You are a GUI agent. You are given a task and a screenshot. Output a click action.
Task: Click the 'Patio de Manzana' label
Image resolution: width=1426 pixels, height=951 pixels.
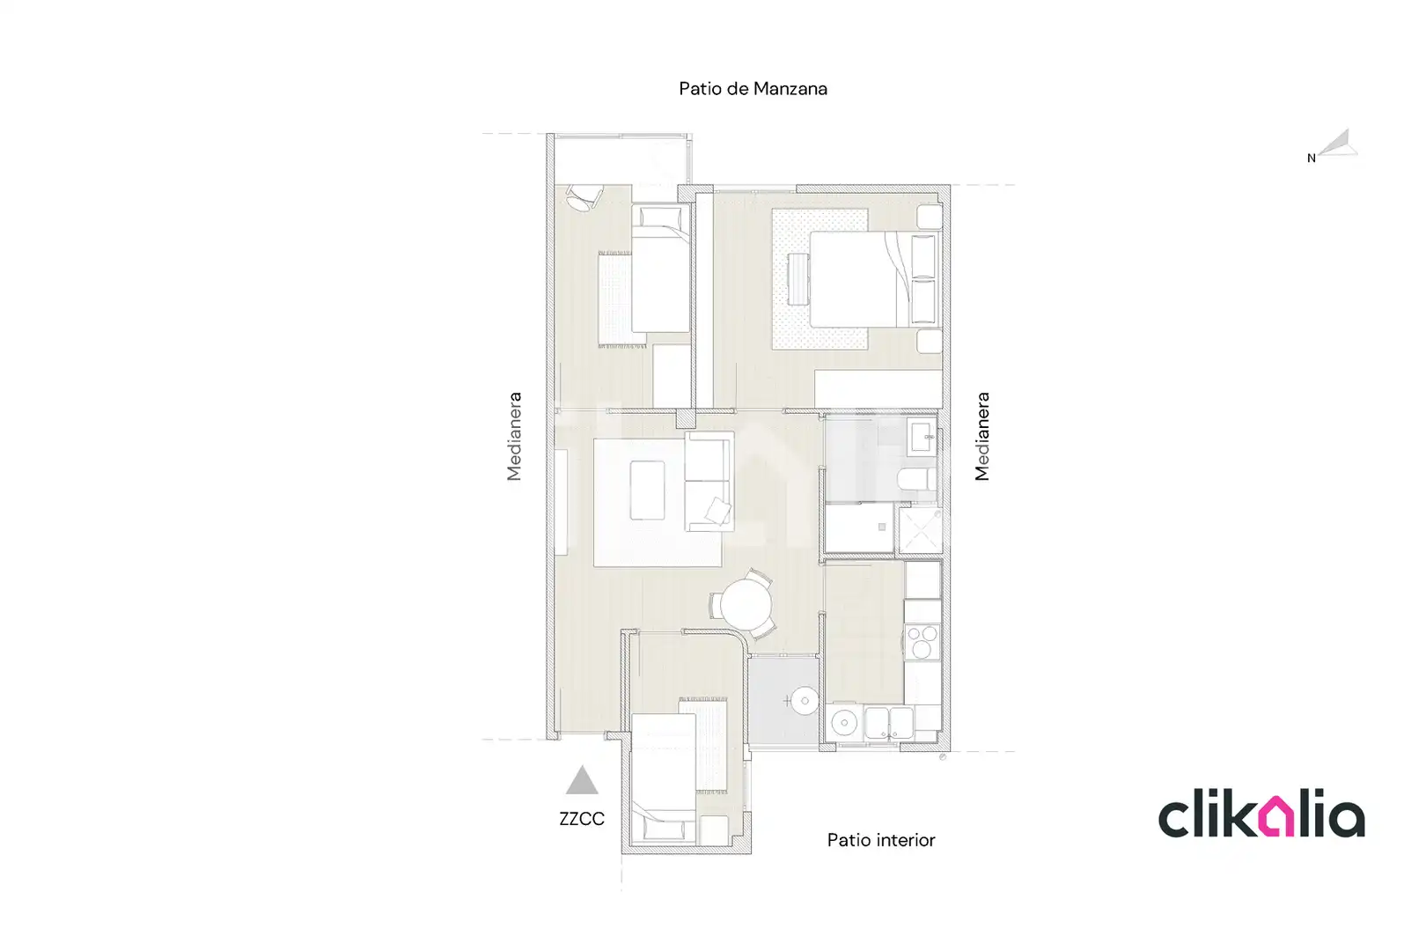753,89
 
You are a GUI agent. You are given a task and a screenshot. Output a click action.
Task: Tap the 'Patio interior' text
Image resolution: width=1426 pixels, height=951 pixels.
881,840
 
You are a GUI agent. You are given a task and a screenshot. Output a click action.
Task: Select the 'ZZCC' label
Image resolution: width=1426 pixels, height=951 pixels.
582,819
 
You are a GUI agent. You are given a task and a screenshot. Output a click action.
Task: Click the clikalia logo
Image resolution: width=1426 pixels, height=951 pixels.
1261,814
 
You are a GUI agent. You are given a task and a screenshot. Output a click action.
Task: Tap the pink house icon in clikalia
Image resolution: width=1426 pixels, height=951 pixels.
1277,816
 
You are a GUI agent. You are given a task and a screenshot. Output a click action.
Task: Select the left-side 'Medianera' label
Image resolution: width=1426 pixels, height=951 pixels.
514,437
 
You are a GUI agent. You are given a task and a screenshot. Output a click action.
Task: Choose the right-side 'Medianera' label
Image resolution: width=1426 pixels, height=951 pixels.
982,437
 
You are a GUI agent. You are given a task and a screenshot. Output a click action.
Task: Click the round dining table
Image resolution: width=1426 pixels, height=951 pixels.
746,604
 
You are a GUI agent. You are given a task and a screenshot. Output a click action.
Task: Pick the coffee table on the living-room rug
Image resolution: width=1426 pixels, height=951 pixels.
648,490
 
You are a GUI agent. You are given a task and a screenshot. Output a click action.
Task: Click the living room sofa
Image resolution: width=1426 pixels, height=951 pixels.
709,482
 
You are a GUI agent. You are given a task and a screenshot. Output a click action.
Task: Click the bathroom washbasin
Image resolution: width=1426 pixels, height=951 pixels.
921,437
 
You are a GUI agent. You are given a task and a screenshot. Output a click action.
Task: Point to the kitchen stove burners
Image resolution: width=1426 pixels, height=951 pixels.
922,641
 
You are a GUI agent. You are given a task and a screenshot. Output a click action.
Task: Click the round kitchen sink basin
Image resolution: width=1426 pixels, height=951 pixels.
844,722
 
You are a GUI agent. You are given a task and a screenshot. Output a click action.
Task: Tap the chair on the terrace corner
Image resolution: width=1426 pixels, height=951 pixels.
584,197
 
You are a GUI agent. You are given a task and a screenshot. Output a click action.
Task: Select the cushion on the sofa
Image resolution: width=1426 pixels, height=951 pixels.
717,510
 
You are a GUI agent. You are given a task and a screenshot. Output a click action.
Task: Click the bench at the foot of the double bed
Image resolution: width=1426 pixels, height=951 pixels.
798,279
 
